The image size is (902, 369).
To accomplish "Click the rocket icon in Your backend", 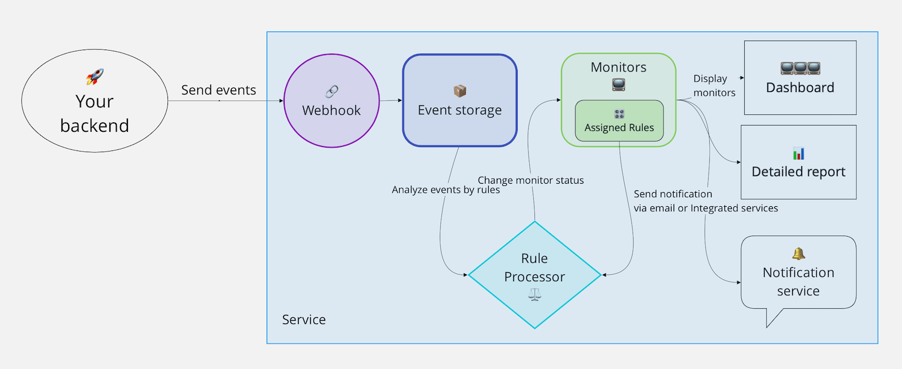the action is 95,77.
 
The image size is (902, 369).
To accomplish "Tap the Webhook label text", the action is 331,110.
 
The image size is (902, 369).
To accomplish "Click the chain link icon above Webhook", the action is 331,92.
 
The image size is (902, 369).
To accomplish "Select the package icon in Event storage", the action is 459,91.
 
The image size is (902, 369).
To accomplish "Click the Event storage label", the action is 459,110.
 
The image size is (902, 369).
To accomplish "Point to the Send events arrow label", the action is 218,90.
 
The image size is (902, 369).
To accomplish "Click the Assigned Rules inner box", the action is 619,121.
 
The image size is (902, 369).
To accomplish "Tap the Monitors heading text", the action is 618,67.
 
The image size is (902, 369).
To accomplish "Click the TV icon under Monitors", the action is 618,85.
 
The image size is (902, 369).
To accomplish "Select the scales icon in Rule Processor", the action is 534,295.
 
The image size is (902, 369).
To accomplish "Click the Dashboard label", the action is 800,88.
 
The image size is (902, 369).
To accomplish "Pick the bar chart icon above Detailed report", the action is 798,153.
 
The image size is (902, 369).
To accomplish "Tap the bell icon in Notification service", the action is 798,254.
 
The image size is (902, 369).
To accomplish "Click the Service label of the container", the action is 304,319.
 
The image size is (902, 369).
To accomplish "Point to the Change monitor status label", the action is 530,180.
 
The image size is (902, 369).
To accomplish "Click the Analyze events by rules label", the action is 446,189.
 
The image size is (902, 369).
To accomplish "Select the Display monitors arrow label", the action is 714,85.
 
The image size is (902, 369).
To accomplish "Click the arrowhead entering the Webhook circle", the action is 281,101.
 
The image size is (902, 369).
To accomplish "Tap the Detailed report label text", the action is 798,172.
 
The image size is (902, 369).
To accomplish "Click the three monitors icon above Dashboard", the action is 800,68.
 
